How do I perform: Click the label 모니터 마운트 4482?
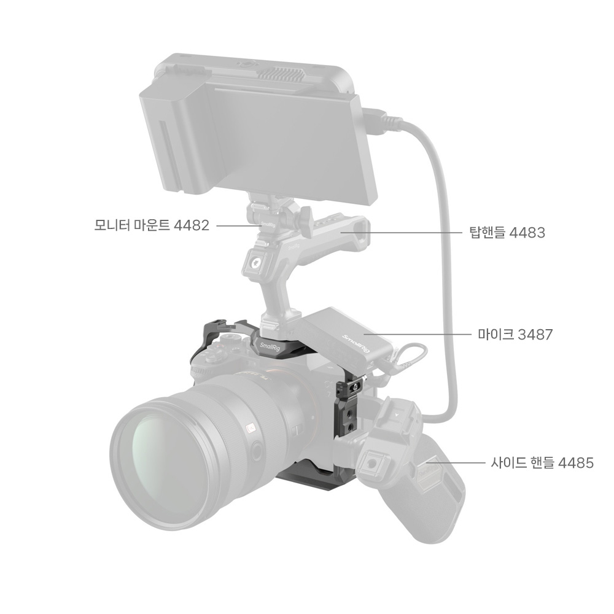coord(152,225)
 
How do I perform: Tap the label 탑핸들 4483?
coord(507,233)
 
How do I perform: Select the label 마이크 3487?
coord(515,335)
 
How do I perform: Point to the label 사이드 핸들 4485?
coord(542,463)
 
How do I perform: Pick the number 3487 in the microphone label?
coord(535,335)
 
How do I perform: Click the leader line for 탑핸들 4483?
coord(402,233)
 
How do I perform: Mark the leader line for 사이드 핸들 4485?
coord(456,463)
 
